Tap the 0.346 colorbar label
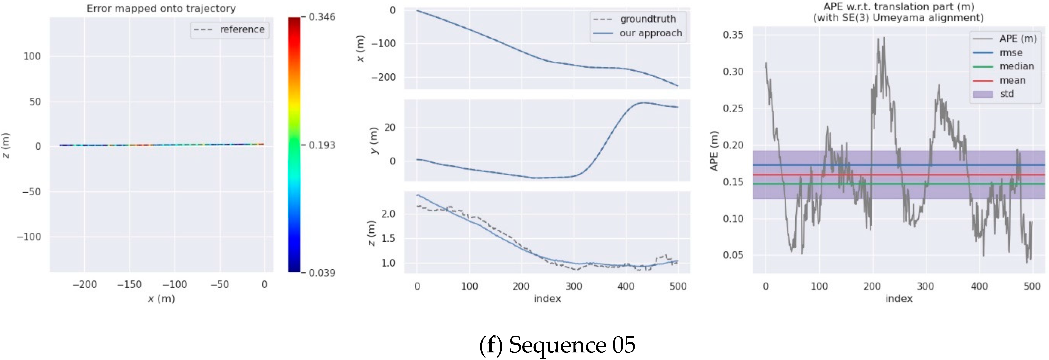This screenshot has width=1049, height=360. (322, 17)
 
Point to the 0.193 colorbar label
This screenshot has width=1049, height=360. (322, 146)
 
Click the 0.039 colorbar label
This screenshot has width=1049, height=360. (322, 273)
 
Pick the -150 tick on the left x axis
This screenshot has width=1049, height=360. (129, 285)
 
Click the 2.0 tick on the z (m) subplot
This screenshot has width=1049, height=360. (388, 214)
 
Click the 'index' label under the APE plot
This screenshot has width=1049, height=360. (899, 299)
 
